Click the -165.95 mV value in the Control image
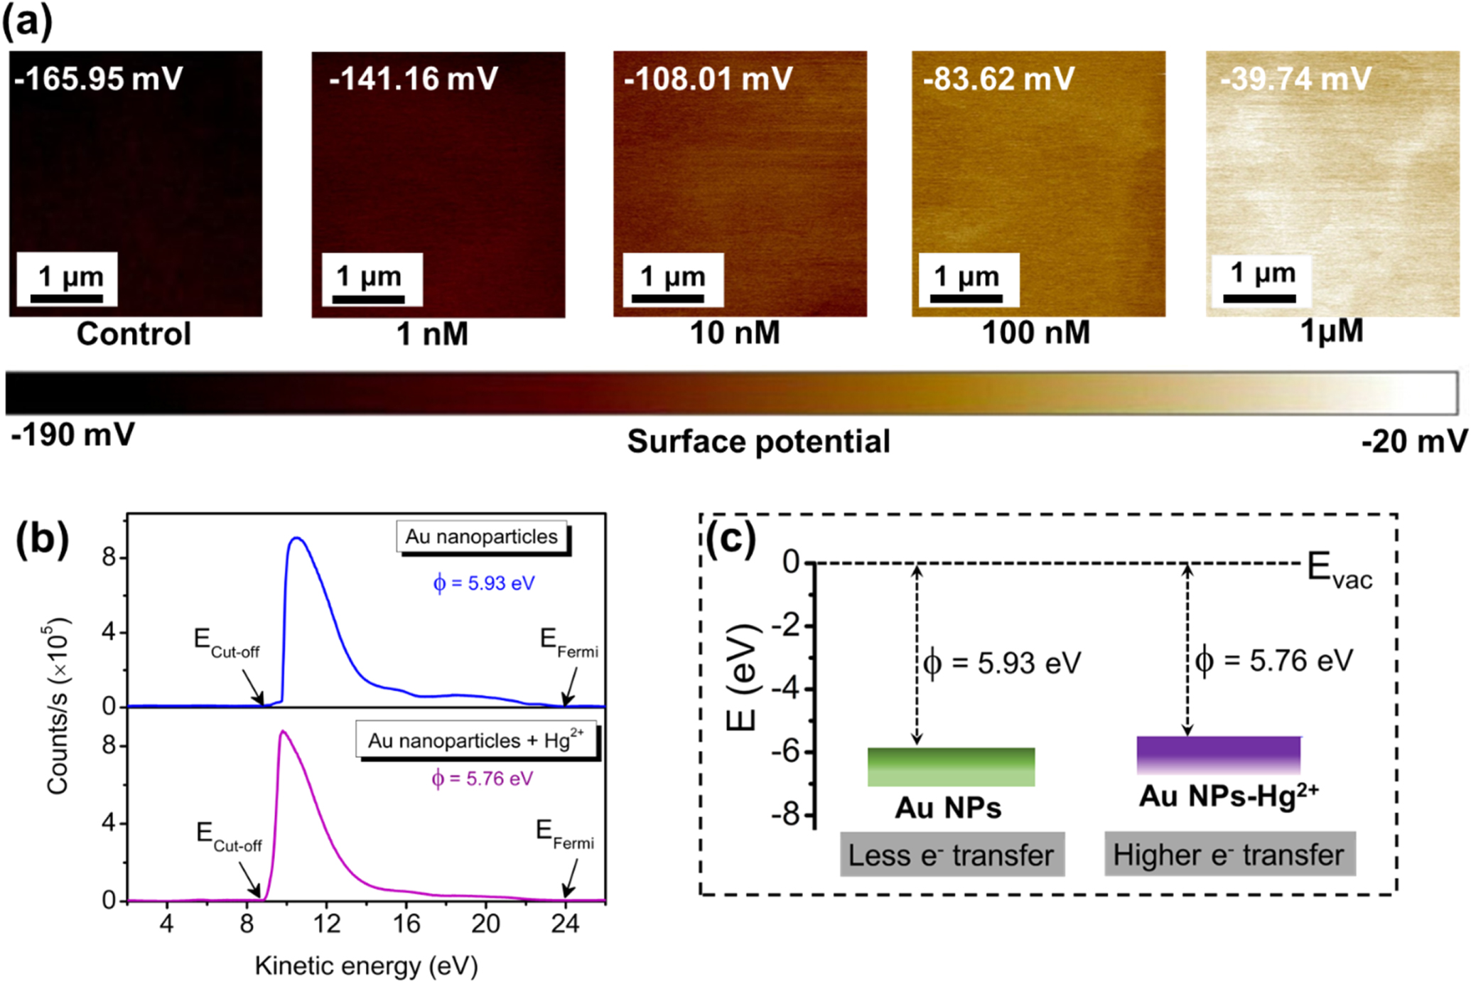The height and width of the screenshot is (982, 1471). tap(98, 78)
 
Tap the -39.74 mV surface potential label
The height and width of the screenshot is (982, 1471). tap(1295, 78)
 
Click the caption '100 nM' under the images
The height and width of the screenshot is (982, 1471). tap(1035, 333)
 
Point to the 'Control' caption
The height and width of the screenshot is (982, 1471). tap(134, 333)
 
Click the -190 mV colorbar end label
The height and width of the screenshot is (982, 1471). tap(72, 434)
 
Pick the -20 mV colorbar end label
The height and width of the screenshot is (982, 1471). tap(1413, 442)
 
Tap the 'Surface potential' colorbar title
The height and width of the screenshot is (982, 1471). tap(758, 442)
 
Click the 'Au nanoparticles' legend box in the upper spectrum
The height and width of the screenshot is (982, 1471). tap(482, 537)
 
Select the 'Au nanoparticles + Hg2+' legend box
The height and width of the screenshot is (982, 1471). tap(475, 741)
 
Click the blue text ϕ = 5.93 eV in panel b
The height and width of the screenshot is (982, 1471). tap(483, 584)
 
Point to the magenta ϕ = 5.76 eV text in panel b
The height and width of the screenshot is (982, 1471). tap(482, 779)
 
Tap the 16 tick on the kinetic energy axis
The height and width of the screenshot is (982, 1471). tap(406, 924)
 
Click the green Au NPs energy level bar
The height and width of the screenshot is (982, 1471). tap(951, 767)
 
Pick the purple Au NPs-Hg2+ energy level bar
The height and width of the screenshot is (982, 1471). tap(1219, 755)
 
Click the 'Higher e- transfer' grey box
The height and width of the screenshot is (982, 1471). tap(1229, 855)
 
